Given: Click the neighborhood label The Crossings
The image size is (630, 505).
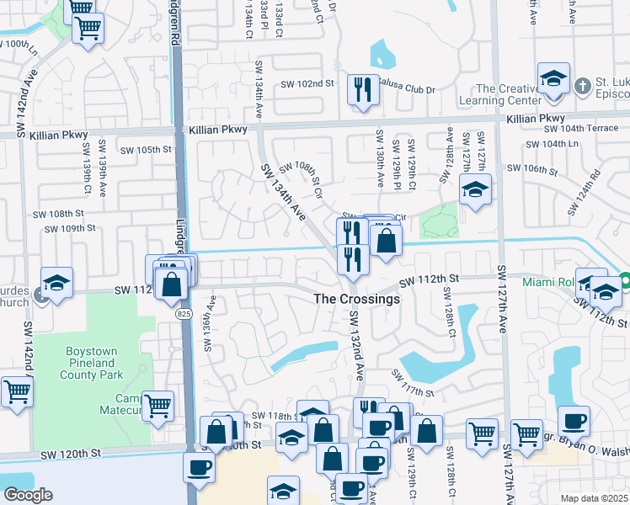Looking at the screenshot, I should click(x=356, y=299).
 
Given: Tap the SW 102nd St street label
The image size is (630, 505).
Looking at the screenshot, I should click(x=307, y=84).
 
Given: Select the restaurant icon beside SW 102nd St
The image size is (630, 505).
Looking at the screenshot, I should click(x=363, y=88).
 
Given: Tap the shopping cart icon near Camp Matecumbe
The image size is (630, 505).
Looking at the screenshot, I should click(x=157, y=407).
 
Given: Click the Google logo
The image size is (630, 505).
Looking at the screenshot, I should click(x=27, y=494).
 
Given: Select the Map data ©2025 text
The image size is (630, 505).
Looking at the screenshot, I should click(x=593, y=498).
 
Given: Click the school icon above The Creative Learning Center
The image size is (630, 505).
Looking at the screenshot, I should click(x=553, y=78).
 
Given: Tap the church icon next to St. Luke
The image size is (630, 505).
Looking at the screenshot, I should click(x=581, y=86).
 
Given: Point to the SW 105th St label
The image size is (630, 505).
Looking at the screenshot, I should click(x=145, y=150).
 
